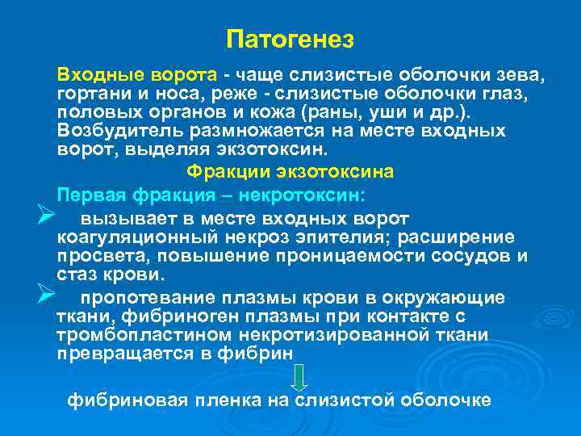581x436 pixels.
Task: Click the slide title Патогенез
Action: coord(290,39)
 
